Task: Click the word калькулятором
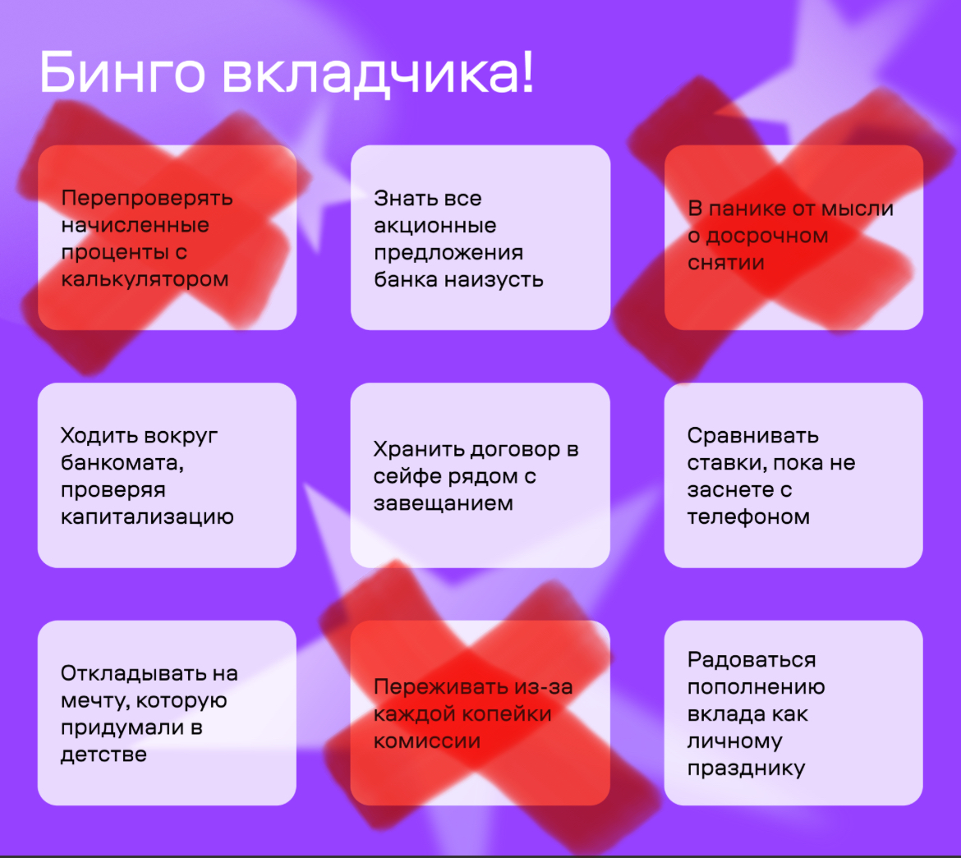click(145, 279)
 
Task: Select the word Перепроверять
click(147, 198)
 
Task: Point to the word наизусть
click(494, 279)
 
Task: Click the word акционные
click(435, 226)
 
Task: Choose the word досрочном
click(766, 236)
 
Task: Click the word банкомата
click(122, 463)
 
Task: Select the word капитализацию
click(147, 517)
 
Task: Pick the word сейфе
click(405, 476)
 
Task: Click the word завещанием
click(443, 503)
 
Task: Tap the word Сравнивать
click(752, 436)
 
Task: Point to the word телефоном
click(748, 517)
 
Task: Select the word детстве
click(103, 755)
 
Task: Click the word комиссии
click(427, 741)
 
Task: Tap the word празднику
click(746, 769)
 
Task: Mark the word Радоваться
click(752, 660)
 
